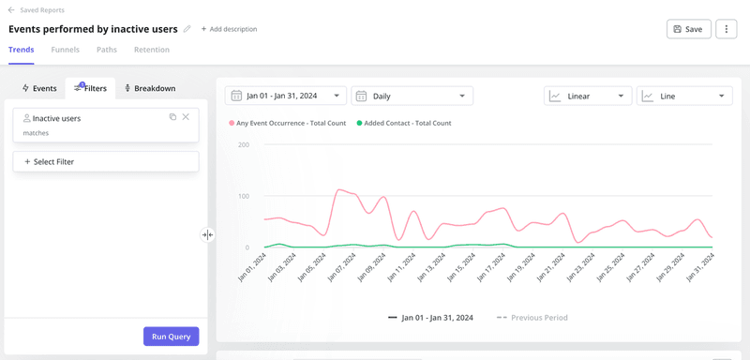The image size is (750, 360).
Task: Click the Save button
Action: pos(688,29)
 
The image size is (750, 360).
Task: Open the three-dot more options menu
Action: pos(726,29)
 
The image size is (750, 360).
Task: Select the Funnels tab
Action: pos(66,50)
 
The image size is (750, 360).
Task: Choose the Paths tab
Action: pos(107,50)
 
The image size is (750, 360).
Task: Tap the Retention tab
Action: pos(152,50)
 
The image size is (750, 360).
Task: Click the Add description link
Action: pos(229,29)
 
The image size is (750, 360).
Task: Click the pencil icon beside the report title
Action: pos(187,29)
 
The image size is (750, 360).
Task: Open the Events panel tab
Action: pos(39,88)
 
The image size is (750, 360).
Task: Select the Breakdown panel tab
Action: pos(150,88)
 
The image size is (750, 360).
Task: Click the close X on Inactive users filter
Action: pos(186,117)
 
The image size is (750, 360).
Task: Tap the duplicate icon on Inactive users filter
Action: pos(172,117)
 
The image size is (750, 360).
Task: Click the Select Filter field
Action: pos(106,162)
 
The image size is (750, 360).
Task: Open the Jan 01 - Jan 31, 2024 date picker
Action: pos(285,96)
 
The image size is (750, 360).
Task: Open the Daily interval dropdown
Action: pos(412,96)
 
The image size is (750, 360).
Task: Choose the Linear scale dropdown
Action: pos(587,96)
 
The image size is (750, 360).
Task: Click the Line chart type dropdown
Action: pos(683,96)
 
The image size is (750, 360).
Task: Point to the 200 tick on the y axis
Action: pos(243,144)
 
